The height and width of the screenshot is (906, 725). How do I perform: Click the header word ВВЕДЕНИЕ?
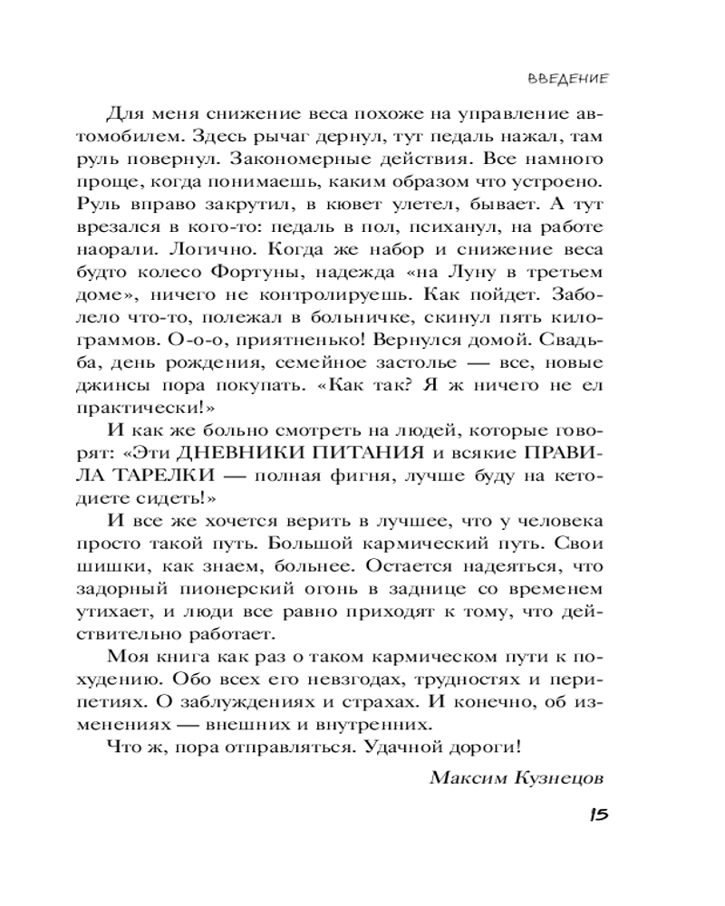click(566, 78)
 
